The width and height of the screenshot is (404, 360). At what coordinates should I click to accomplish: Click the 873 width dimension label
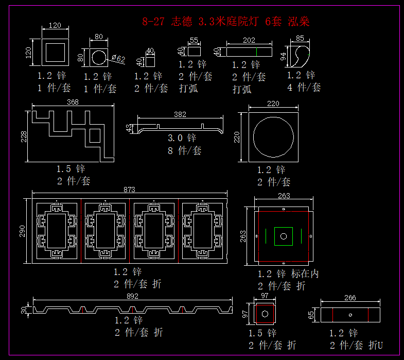(x=129, y=190)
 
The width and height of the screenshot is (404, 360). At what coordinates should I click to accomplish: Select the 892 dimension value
(x=132, y=296)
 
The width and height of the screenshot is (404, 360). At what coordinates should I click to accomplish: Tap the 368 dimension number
(x=73, y=102)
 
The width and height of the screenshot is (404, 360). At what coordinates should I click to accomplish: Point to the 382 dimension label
(x=180, y=114)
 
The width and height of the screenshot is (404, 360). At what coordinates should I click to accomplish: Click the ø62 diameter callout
(x=118, y=59)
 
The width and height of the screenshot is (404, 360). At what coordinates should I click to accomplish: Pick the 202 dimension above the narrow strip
(x=249, y=40)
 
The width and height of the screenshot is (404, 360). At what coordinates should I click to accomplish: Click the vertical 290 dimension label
(x=22, y=230)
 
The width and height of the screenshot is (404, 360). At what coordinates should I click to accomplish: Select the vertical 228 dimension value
(x=23, y=136)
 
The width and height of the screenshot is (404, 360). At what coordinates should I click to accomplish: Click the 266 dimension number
(x=350, y=298)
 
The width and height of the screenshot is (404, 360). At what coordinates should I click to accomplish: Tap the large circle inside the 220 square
(x=273, y=136)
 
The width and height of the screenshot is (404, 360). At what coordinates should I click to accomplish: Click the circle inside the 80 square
(x=98, y=57)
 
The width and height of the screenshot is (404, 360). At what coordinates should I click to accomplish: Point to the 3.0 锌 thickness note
(x=182, y=138)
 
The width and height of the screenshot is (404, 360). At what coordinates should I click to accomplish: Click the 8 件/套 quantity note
(x=185, y=150)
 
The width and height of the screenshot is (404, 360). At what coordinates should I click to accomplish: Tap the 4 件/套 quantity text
(x=304, y=87)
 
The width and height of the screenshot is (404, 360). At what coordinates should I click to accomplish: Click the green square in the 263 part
(x=283, y=236)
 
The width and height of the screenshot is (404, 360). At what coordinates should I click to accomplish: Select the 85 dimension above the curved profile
(x=300, y=38)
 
